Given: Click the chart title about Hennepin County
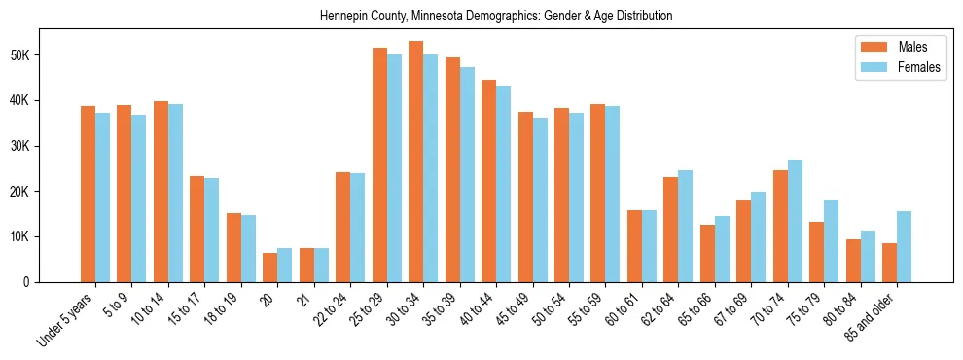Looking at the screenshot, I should click(496, 17).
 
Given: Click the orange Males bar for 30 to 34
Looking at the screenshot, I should click(415, 162).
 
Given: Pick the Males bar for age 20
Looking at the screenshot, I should click(269, 268).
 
